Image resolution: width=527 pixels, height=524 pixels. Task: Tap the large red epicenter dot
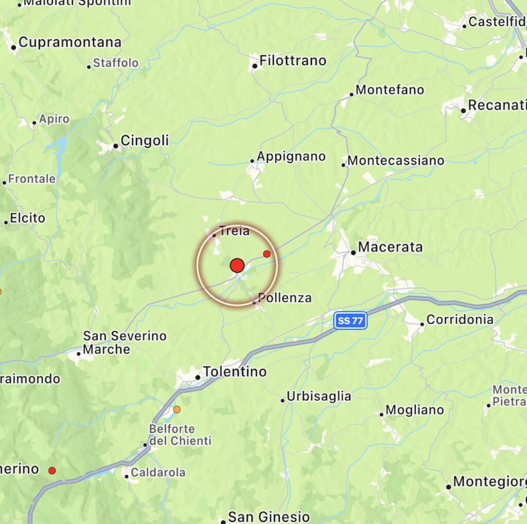click(237, 266)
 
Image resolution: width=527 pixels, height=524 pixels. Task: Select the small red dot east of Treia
click(267, 254)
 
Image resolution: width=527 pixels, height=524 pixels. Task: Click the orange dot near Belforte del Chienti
click(177, 410)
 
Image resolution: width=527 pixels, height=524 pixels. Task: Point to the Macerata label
click(390, 247)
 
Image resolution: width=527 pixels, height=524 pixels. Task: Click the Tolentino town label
click(235, 371)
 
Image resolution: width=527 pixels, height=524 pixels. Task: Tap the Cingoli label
click(144, 141)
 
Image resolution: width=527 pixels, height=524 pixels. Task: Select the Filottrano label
click(293, 61)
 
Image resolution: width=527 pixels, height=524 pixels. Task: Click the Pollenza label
click(285, 298)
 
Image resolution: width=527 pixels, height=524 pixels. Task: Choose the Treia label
click(234, 231)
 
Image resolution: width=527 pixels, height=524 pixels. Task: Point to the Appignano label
click(291, 156)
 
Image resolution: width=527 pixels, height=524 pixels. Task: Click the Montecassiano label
click(396, 161)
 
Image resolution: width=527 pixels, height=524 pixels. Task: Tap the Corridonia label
click(460, 320)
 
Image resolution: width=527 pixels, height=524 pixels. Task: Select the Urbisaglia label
click(319, 396)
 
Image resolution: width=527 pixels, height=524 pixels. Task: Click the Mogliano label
click(414, 410)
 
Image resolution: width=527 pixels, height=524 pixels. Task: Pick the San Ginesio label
click(269, 516)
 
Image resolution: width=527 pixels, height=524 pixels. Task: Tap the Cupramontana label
click(70, 42)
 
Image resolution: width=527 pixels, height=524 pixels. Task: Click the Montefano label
click(390, 90)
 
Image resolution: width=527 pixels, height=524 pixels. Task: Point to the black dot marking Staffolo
click(89, 66)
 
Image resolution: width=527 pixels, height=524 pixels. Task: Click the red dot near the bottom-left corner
click(52, 470)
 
